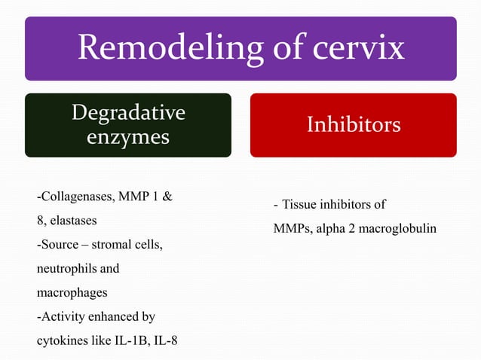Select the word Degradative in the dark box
click(x=127, y=113)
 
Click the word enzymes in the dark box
click(x=127, y=138)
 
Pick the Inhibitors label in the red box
click(x=353, y=124)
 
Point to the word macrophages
click(x=71, y=292)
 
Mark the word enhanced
click(x=112, y=316)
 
